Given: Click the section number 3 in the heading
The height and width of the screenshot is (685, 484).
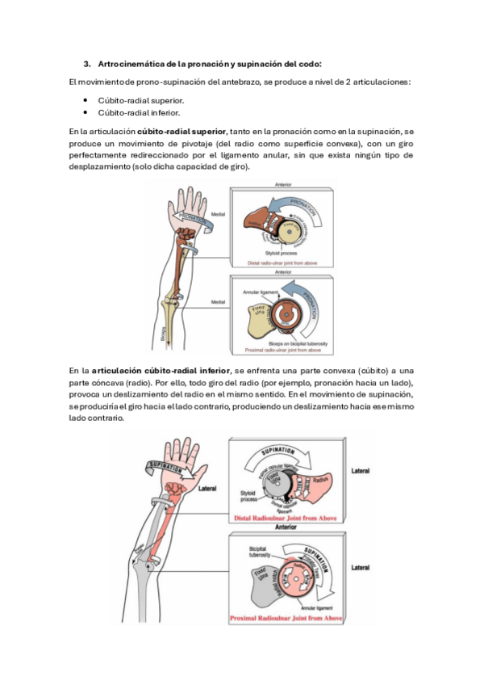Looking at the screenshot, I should tap(87, 63).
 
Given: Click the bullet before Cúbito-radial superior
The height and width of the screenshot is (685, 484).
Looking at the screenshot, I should tap(85, 101).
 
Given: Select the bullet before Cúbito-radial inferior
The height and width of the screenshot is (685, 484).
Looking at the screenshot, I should tap(85, 112).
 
